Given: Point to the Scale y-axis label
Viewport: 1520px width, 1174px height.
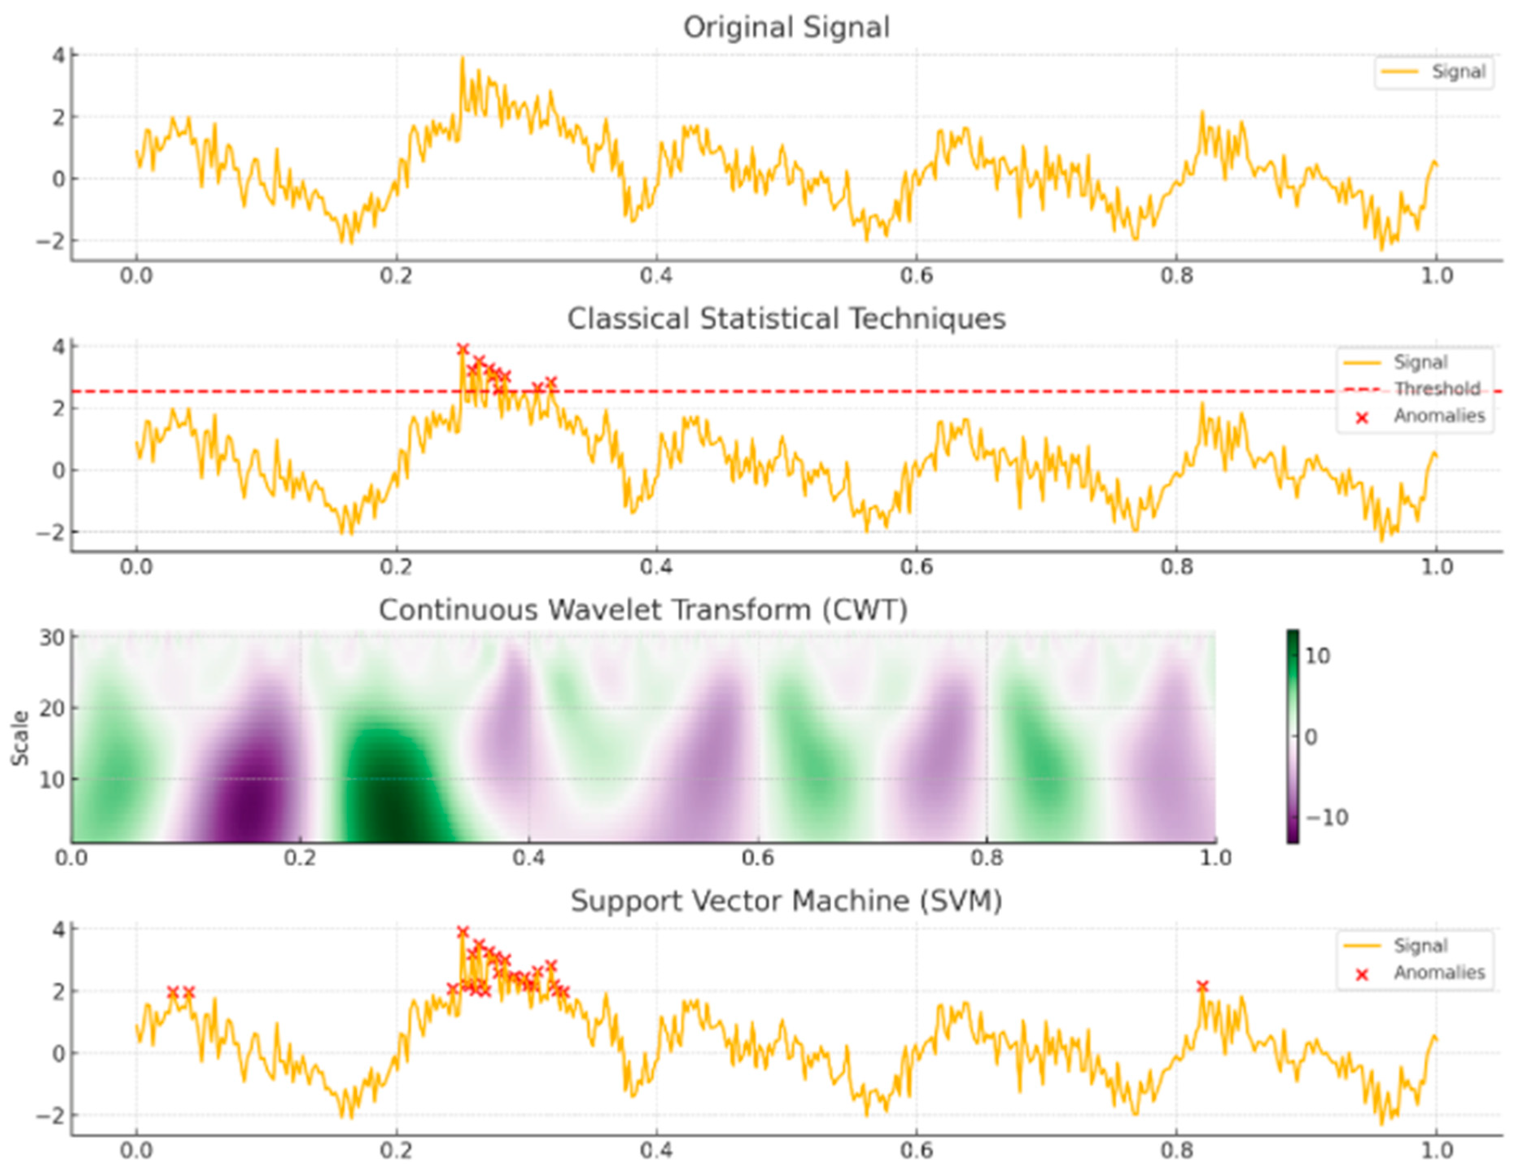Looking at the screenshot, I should click(21, 738).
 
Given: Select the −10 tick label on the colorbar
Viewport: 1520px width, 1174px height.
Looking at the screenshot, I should click(1326, 817).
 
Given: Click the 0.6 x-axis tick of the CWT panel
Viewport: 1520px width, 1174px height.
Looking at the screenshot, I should click(758, 857).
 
